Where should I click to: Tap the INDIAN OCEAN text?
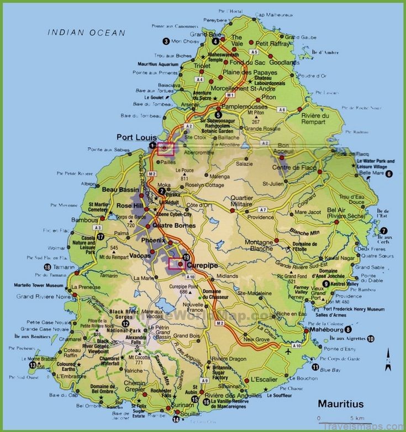click(x=87, y=33)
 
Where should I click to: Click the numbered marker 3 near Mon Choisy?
click(x=166, y=41)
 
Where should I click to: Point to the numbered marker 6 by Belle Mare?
click(x=389, y=173)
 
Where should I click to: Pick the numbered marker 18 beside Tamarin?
click(x=47, y=267)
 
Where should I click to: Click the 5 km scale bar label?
click(x=355, y=418)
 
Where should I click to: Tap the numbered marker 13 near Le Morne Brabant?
click(x=33, y=365)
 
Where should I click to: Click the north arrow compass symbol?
click(x=388, y=359)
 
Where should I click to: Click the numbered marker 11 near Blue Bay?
click(x=315, y=367)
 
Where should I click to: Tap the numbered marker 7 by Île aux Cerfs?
click(x=383, y=230)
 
